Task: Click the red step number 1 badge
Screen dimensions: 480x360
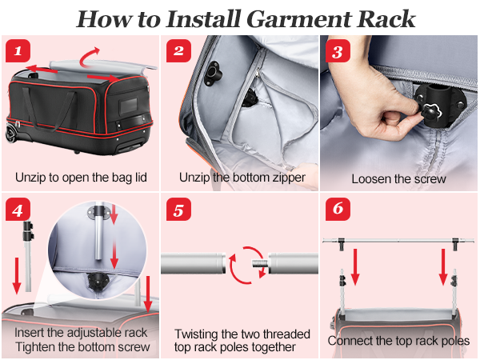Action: click(x=18, y=50)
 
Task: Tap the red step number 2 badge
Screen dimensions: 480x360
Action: click(x=178, y=50)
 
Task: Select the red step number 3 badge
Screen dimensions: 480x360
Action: click(x=338, y=50)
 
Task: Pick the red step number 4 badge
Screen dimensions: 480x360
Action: click(x=18, y=210)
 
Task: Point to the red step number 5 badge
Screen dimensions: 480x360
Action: click(x=178, y=210)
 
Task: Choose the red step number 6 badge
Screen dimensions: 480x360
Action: click(x=338, y=210)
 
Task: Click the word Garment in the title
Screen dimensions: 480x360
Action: click(x=298, y=19)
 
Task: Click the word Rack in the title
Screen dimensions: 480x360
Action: click(x=386, y=19)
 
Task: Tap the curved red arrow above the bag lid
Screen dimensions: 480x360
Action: click(x=90, y=57)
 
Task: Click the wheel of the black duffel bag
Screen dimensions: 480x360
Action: click(x=11, y=134)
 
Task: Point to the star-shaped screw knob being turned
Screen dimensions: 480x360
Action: click(x=431, y=112)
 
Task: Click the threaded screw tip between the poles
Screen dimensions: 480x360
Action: click(x=260, y=263)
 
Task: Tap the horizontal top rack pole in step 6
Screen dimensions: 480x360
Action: click(x=398, y=240)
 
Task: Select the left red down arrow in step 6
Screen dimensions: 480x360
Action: click(x=355, y=267)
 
